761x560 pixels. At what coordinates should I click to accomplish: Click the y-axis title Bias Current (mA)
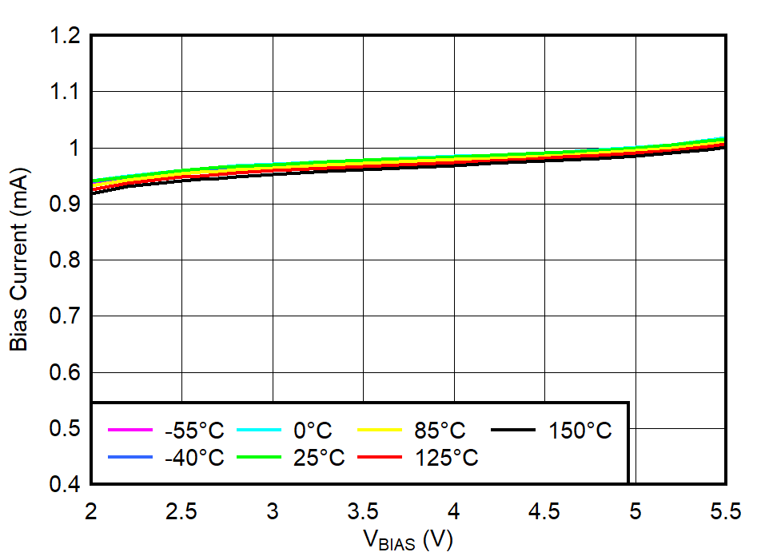(x=19, y=259)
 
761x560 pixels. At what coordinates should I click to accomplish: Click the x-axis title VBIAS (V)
(x=408, y=541)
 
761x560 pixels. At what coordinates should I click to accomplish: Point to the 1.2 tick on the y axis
(x=65, y=36)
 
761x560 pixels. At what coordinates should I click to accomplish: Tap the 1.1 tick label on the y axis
(x=65, y=92)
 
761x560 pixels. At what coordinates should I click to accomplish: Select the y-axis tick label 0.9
(x=65, y=205)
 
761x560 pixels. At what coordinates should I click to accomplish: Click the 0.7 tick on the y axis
(x=65, y=316)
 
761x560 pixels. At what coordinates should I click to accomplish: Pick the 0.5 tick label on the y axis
(x=65, y=429)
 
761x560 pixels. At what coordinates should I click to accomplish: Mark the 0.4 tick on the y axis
(x=65, y=485)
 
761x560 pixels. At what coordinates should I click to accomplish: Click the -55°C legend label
(x=194, y=431)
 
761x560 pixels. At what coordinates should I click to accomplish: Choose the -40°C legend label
(x=194, y=458)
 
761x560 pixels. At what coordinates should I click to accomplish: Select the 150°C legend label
(x=580, y=431)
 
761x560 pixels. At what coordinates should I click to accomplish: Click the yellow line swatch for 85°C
(x=378, y=430)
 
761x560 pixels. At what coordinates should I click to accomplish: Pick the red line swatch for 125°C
(x=378, y=457)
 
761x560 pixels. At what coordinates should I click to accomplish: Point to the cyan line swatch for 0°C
(x=259, y=430)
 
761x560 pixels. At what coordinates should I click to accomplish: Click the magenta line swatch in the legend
(x=130, y=430)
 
